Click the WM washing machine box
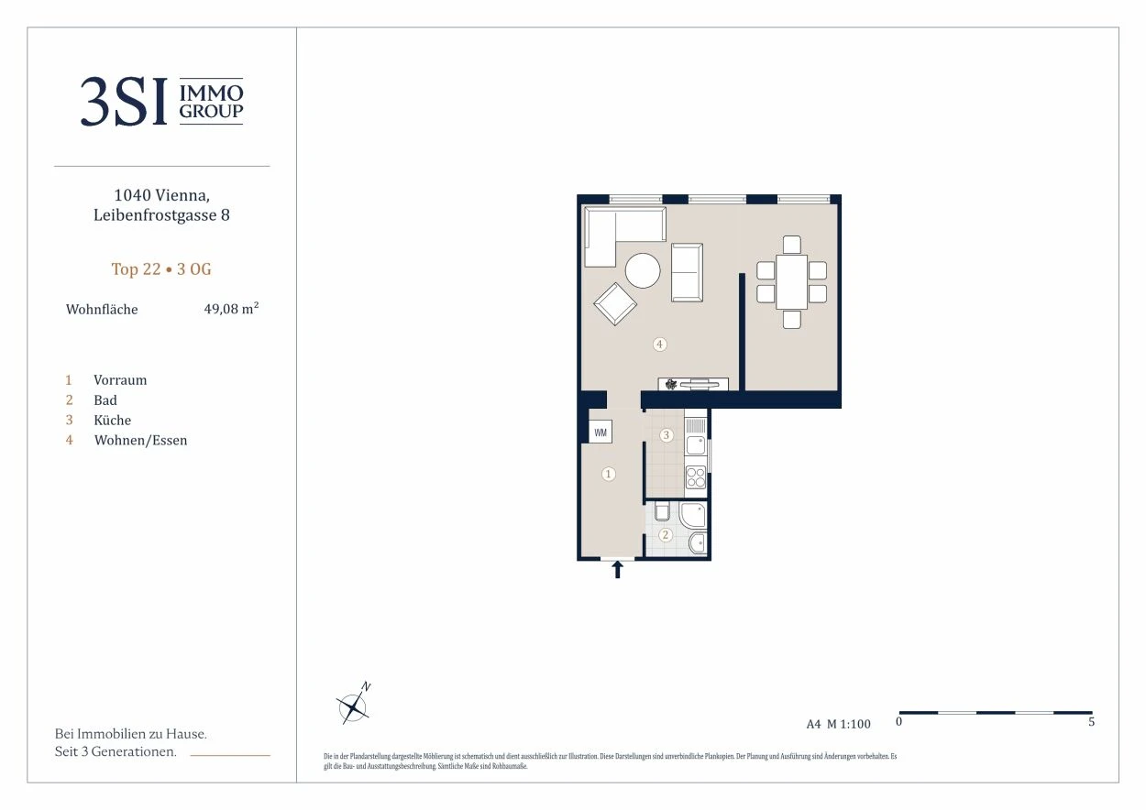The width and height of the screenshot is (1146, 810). (x=601, y=432)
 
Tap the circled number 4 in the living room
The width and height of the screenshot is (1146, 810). (x=659, y=345)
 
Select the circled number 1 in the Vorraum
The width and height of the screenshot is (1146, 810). (x=609, y=474)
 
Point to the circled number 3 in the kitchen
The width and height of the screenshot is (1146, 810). (x=666, y=435)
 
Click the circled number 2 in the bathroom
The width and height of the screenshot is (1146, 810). (x=665, y=535)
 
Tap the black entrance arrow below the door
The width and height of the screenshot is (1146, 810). (x=618, y=569)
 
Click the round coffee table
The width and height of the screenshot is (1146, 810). (x=643, y=270)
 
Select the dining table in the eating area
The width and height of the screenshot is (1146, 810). (x=791, y=282)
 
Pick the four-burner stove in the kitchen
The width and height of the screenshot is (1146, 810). (x=695, y=477)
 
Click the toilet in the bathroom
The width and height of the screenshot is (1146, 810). (x=662, y=511)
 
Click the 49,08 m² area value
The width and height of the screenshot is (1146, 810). (x=231, y=309)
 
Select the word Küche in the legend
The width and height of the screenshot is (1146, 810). (x=113, y=420)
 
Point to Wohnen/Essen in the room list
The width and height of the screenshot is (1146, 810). (x=140, y=441)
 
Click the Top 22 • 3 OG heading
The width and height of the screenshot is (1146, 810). (x=161, y=269)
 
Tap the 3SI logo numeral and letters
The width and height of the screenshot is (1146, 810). (x=125, y=102)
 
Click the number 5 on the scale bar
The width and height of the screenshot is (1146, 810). (x=1091, y=721)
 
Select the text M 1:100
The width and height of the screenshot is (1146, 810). (x=849, y=724)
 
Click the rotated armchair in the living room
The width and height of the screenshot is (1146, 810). (x=615, y=304)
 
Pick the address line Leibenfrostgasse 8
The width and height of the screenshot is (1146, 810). (x=161, y=215)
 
